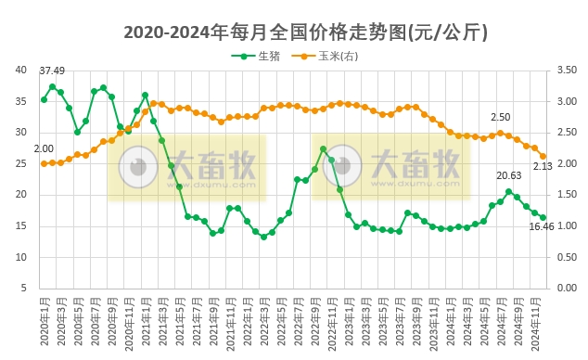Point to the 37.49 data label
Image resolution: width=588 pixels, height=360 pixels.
pos(52,71)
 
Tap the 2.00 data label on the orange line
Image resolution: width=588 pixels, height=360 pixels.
pos(44,148)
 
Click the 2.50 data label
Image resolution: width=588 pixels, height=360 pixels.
pos(500,118)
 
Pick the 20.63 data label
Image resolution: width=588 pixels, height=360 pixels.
pos(508,175)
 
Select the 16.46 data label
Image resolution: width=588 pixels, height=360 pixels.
pos(542,226)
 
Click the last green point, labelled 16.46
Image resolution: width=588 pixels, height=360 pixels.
pos(543,218)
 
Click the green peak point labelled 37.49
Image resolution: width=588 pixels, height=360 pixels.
pos(53,86)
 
